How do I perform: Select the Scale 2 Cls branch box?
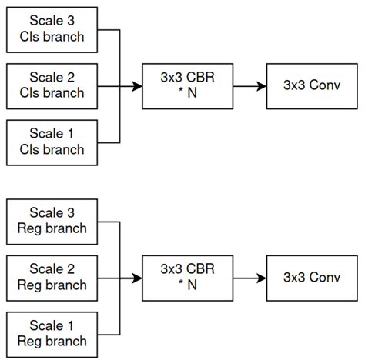pos(53,87)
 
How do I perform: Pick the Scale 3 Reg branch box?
pos(53,222)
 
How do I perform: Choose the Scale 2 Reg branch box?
pos(53,278)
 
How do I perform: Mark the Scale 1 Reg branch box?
pos(53,334)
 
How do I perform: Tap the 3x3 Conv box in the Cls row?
pos(310,87)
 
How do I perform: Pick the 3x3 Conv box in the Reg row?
pos(310,278)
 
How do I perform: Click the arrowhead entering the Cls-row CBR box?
pos(138,87)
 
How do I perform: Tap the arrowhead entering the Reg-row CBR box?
pos(138,278)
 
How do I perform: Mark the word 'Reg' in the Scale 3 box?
pos(31,228)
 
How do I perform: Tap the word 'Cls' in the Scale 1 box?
pos(32,150)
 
